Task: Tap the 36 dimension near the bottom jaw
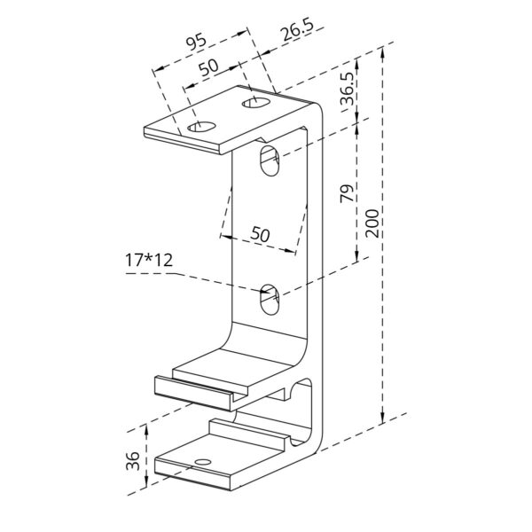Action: (x=131, y=460)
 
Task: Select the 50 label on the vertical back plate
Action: (x=261, y=235)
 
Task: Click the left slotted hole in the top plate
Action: (x=204, y=127)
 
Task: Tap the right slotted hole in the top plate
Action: (x=255, y=106)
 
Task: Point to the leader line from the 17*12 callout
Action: (x=204, y=279)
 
